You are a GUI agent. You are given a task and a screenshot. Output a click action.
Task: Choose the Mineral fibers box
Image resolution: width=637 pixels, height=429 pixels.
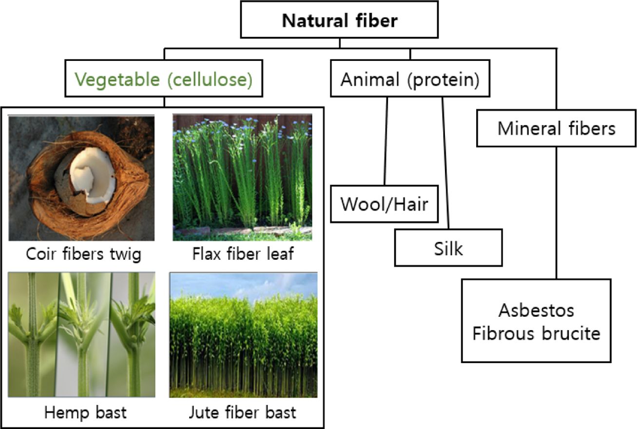pyautogui.click(x=556, y=129)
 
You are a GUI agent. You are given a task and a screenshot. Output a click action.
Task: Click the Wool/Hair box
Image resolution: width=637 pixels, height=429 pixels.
pyautogui.click(x=384, y=204)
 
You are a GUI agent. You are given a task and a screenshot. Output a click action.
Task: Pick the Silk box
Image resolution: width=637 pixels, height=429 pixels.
pyautogui.click(x=448, y=249)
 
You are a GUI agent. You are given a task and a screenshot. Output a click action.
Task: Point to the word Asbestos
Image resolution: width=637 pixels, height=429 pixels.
pyautogui.click(x=536, y=310)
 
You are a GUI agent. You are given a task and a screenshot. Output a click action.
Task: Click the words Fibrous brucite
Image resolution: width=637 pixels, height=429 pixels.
pyautogui.click(x=536, y=334)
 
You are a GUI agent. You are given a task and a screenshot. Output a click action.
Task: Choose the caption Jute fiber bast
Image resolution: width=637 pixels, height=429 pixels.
pyautogui.click(x=242, y=412)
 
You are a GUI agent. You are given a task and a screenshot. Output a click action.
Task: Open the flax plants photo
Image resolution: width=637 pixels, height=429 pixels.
pyautogui.click(x=242, y=177)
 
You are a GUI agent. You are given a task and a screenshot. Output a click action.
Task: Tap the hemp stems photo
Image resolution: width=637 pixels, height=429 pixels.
pyautogui.click(x=81, y=334)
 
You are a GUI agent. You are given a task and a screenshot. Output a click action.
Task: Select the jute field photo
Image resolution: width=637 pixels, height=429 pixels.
pyautogui.click(x=243, y=341)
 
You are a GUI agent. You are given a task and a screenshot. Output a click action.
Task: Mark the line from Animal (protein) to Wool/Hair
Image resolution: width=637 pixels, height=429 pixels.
pyautogui.click(x=386, y=141)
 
